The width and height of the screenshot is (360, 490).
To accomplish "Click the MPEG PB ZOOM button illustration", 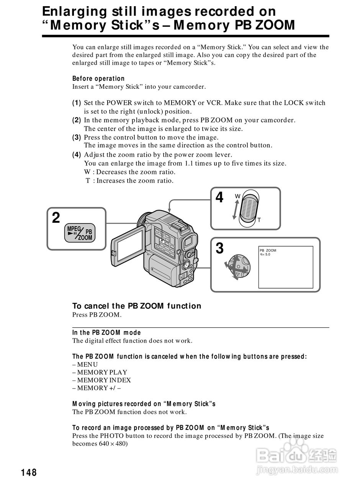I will point(80,232).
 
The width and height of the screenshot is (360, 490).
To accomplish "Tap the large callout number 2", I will point(56,218).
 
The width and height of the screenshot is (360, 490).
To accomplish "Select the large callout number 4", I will point(219,198).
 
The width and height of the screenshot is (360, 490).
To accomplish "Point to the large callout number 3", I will point(219,248).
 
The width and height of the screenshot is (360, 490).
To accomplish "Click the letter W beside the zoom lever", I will point(237,196).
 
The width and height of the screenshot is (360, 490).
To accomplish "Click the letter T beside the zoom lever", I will point(259,220).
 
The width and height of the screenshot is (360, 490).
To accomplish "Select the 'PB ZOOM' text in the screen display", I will point(268,250).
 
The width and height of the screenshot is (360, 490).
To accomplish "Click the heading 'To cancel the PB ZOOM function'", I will point(137,306).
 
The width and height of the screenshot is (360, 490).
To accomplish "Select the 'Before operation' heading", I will point(98,78).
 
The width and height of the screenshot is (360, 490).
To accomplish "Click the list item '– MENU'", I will point(85,364).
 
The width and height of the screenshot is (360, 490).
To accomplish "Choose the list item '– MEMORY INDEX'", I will point(101,380).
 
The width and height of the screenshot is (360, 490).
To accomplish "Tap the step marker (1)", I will point(77,103).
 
